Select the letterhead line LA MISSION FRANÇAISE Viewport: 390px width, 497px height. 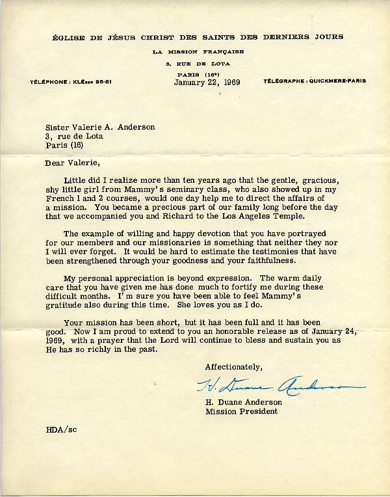pyautogui.click(x=195, y=51)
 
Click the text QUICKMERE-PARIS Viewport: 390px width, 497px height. pyautogui.click(x=337, y=81)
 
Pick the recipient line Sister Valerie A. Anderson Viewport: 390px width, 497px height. pyautogui.click(x=100, y=128)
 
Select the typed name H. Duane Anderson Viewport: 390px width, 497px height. pyautogui.click(x=244, y=401)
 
